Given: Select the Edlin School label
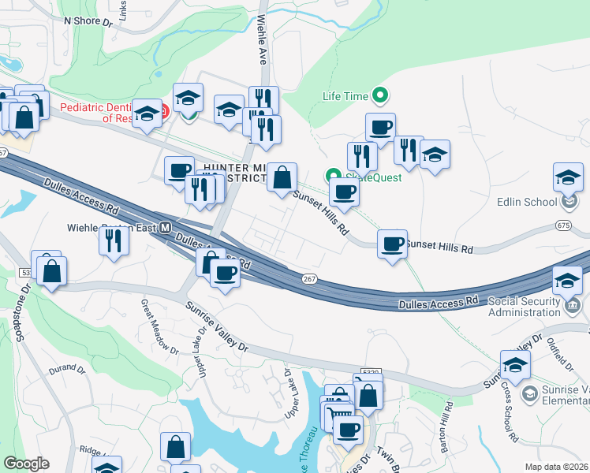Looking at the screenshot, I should pyautogui.click(x=527, y=202).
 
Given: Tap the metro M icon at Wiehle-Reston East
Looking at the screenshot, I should pyautogui.click(x=166, y=228).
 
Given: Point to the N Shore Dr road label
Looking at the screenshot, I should pyautogui.click(x=82, y=20).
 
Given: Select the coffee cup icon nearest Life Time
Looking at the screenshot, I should pyautogui.click(x=380, y=128).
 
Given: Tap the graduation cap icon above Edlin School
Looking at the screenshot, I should pyautogui.click(x=568, y=177).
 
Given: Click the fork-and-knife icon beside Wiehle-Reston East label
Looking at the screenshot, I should pyautogui.click(x=115, y=240).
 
